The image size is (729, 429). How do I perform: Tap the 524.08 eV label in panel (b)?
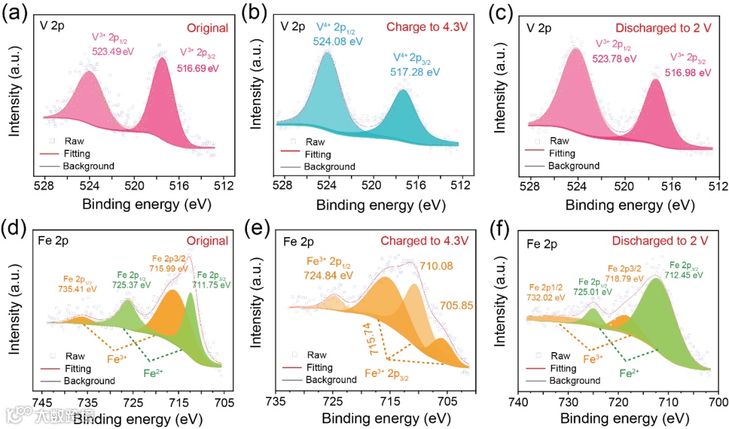337,41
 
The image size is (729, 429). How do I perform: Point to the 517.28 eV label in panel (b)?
415,71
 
